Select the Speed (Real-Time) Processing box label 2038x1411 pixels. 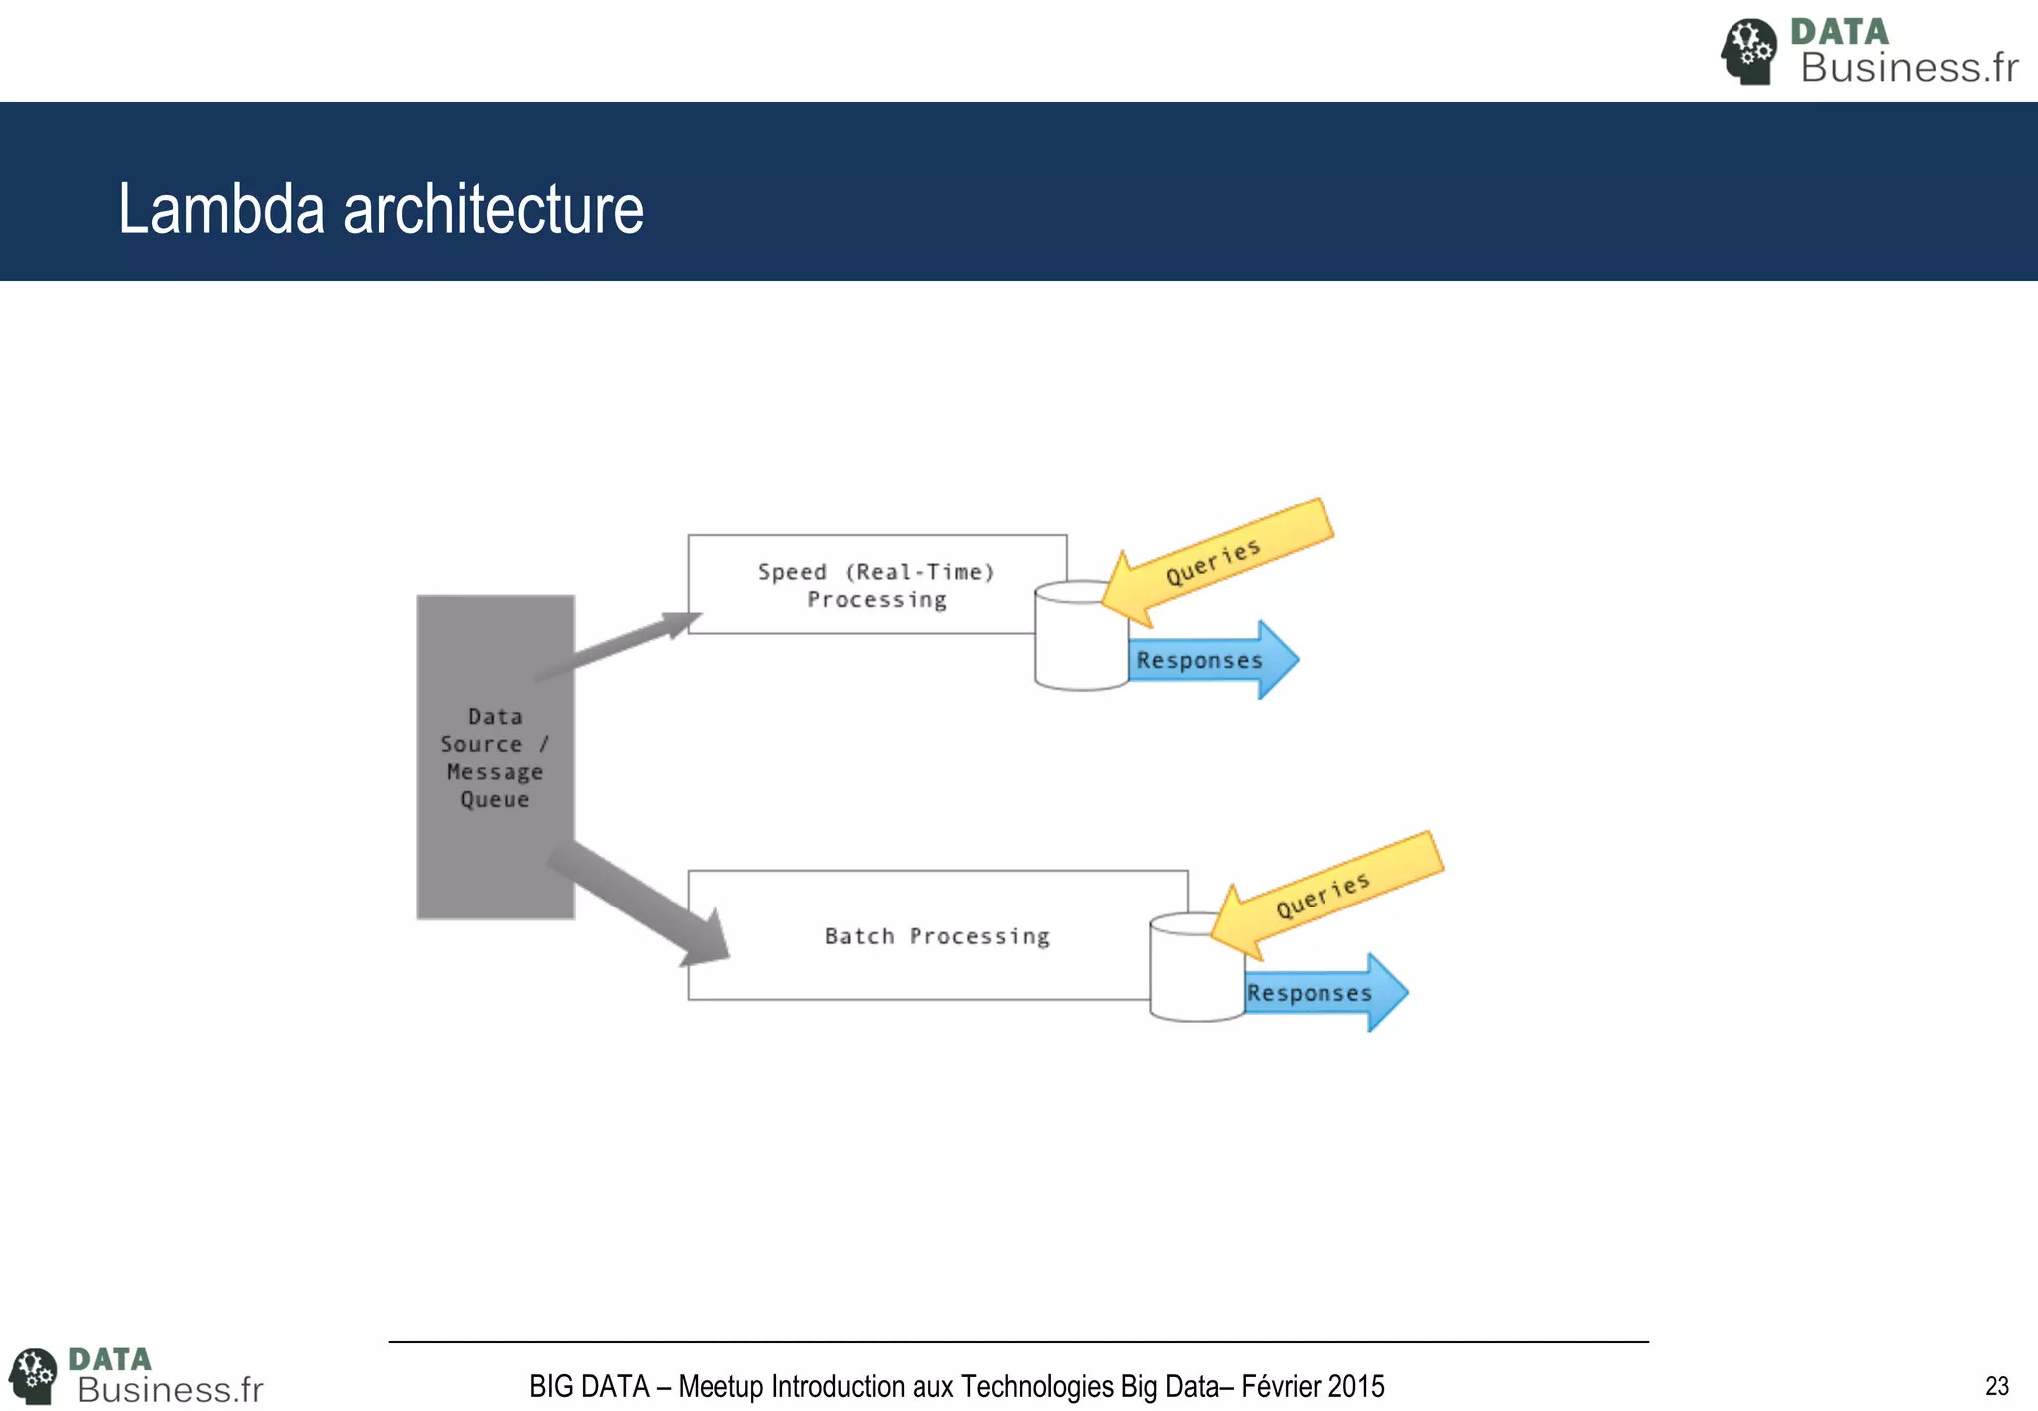[x=876, y=585]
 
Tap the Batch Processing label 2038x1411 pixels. [x=936, y=936]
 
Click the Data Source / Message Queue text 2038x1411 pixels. [x=495, y=758]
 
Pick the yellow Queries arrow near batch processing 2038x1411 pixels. [x=1328, y=896]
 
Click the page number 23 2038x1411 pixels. [x=1996, y=1386]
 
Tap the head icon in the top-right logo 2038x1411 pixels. [x=1748, y=51]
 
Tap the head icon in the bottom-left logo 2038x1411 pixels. [x=34, y=1376]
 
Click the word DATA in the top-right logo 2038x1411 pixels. [x=1839, y=32]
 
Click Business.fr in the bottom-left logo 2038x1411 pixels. [x=169, y=1389]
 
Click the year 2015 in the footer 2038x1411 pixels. [x=1356, y=1386]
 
